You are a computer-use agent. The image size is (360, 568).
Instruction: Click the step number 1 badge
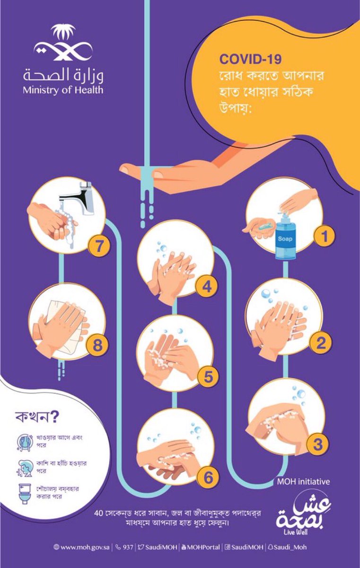324,236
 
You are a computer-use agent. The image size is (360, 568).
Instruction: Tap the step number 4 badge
207,287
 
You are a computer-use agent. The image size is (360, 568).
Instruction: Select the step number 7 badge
98,246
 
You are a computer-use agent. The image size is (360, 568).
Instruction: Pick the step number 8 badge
97,345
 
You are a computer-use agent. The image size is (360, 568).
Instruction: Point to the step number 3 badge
318,444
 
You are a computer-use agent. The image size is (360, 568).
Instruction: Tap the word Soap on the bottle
285,239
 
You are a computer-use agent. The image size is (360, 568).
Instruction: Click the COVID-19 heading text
250,59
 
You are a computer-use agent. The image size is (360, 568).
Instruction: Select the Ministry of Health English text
63,90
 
